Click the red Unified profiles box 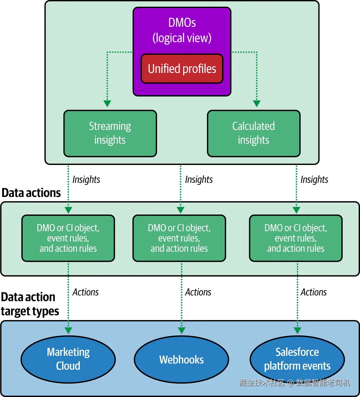coord(182,69)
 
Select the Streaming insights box coord(110,133)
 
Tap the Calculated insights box coord(254,133)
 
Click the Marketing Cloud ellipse coord(68,359)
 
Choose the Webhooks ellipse coord(181,359)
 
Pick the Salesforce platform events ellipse coord(297,359)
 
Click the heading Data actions coord(31,193)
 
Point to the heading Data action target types coord(30,304)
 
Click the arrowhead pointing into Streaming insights coord(107,103)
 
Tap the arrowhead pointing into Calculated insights coord(257,103)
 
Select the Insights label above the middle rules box coord(199,179)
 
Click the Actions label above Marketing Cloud coord(85,292)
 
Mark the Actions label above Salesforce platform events coord(313,292)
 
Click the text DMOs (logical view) coord(182,30)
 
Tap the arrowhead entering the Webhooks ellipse coord(181,331)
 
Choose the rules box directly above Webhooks coord(179,238)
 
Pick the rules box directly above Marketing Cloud coord(68,238)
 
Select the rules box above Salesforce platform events coord(296,238)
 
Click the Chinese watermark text coord(294,383)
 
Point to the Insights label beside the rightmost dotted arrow coord(314,179)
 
